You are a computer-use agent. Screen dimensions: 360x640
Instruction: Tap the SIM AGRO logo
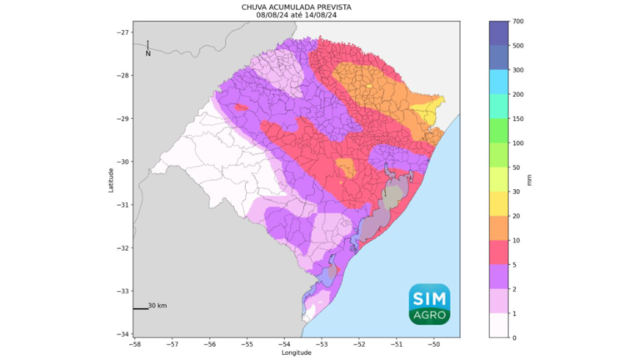[429, 304]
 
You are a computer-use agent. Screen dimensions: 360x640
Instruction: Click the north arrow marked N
[147, 48]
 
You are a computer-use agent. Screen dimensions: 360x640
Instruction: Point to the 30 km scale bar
[141, 308]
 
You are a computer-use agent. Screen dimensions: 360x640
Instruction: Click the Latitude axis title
[110, 179]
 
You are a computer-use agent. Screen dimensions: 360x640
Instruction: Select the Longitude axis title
[296, 352]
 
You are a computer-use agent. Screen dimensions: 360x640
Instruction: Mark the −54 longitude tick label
[284, 343]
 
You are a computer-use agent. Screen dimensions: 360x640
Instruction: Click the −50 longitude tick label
[433, 343]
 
